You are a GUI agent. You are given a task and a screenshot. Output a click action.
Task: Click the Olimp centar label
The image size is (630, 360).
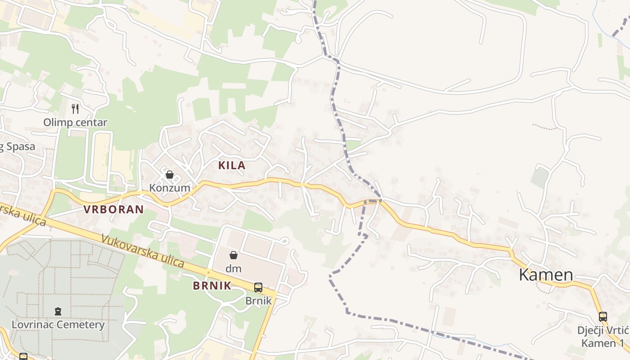[75, 122]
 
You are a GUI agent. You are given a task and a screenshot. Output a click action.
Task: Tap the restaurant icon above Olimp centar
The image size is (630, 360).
[75, 108]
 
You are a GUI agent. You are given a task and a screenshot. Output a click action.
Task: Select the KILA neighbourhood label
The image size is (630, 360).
[232, 165]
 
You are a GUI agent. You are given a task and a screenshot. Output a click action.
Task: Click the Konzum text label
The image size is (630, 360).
[170, 188]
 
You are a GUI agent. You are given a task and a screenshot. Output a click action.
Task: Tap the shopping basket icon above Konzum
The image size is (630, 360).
[170, 175]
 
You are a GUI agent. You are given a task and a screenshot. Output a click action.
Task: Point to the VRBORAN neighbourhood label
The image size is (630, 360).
[113, 209]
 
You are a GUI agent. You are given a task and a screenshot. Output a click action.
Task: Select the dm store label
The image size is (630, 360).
[234, 269]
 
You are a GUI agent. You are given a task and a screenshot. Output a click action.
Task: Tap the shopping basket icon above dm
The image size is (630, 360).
[234, 256]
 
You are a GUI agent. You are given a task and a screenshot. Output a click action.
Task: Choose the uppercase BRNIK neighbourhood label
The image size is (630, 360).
[212, 286]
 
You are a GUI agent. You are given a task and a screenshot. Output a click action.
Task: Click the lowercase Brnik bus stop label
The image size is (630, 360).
[259, 301]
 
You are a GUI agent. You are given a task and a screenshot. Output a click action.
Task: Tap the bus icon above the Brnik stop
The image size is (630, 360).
[258, 288]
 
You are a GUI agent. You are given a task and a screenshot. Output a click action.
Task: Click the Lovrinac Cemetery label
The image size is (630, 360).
[58, 325]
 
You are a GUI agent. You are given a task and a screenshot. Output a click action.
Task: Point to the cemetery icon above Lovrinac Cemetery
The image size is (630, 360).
[58, 311]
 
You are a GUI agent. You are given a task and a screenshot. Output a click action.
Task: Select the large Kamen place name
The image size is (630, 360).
[546, 274]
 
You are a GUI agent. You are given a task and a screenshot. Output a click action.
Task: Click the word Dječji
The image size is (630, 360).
[591, 331]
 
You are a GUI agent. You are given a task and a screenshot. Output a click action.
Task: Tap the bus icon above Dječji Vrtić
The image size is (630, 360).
[603, 317]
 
